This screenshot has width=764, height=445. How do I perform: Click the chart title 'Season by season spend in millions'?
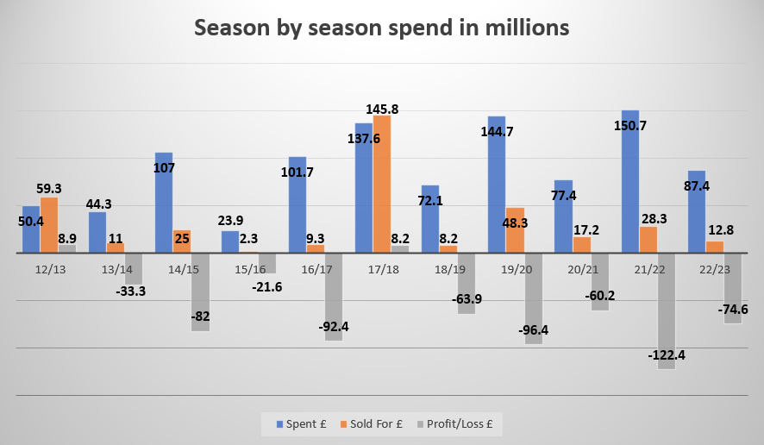(x=381, y=28)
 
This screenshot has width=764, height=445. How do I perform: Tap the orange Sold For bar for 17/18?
(x=382, y=184)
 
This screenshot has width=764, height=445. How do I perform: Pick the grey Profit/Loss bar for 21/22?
(x=666, y=311)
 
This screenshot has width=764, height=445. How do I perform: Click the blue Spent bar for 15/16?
(x=230, y=241)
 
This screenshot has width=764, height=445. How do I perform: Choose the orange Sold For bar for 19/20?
(x=515, y=230)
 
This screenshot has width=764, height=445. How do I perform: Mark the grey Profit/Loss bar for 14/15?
(x=200, y=292)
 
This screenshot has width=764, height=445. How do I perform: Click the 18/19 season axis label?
(x=448, y=270)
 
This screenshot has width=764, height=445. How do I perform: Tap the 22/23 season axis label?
(x=715, y=270)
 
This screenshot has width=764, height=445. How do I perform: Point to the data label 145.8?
(x=382, y=110)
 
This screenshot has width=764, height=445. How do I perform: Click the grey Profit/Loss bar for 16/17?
(x=333, y=297)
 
